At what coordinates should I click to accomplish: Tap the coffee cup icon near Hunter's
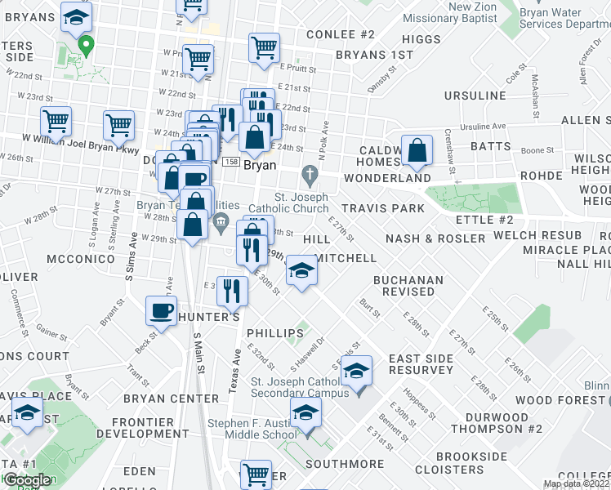pos(161,311)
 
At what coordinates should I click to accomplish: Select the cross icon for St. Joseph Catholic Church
pos(309,174)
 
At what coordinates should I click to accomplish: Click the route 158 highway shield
pos(233,162)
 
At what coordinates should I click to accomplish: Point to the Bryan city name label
pos(260,163)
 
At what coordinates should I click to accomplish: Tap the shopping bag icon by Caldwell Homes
pos(417,150)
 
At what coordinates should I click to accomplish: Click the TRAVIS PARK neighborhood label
pos(383,208)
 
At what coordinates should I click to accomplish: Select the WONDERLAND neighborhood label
pos(387,178)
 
